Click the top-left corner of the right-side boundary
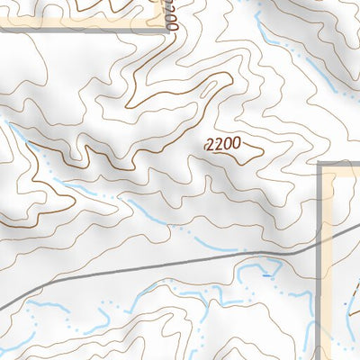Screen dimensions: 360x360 click(322, 165)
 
